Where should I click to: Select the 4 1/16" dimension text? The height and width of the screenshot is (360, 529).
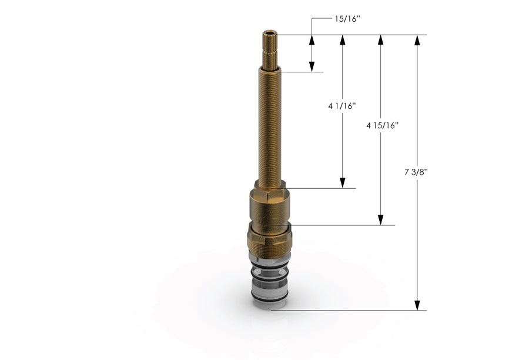(342, 106)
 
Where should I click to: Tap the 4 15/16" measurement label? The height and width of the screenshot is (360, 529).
(382, 125)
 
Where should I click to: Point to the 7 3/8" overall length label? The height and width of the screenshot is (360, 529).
(417, 172)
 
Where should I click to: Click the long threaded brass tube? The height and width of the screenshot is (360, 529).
(270, 124)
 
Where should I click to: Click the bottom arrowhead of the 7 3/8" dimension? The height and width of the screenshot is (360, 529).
(417, 305)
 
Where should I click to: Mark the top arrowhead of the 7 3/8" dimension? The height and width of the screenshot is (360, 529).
(417, 40)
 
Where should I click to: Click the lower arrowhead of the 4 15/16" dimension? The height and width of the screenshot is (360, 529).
(381, 219)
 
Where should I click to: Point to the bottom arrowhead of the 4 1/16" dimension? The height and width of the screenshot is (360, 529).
(342, 183)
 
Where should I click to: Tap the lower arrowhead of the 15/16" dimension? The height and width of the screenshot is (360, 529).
(312, 66)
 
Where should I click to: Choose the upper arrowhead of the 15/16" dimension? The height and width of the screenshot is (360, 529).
(312, 40)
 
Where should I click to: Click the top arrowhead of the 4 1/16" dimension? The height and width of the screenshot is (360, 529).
(342, 40)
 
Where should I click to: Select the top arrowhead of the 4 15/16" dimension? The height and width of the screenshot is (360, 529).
(381, 40)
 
